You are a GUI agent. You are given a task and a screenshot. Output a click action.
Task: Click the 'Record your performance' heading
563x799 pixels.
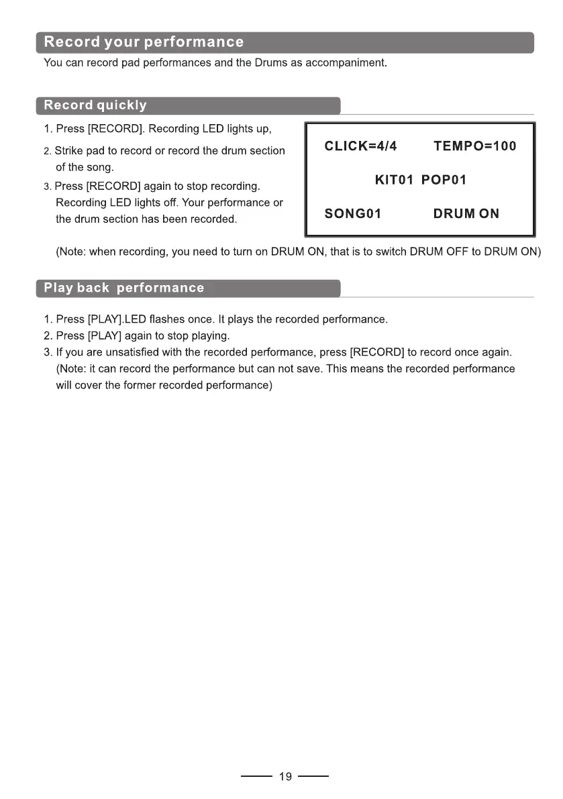144,42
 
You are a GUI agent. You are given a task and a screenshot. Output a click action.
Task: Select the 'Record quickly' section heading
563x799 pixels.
95,105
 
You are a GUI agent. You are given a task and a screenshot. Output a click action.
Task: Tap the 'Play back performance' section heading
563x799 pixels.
123,288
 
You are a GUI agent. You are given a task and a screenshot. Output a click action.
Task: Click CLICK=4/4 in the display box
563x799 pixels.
361,146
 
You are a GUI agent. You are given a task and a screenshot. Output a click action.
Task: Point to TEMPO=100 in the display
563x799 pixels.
475,146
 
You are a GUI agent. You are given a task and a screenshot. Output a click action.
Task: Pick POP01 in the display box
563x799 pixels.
444,180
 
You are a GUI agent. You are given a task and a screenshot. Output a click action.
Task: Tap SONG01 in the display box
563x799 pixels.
353,214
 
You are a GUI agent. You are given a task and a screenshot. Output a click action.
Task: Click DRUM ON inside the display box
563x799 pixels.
466,214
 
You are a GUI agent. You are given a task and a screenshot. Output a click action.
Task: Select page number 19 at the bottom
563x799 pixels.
285,777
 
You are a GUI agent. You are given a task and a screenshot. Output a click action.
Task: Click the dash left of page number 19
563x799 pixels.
256,777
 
